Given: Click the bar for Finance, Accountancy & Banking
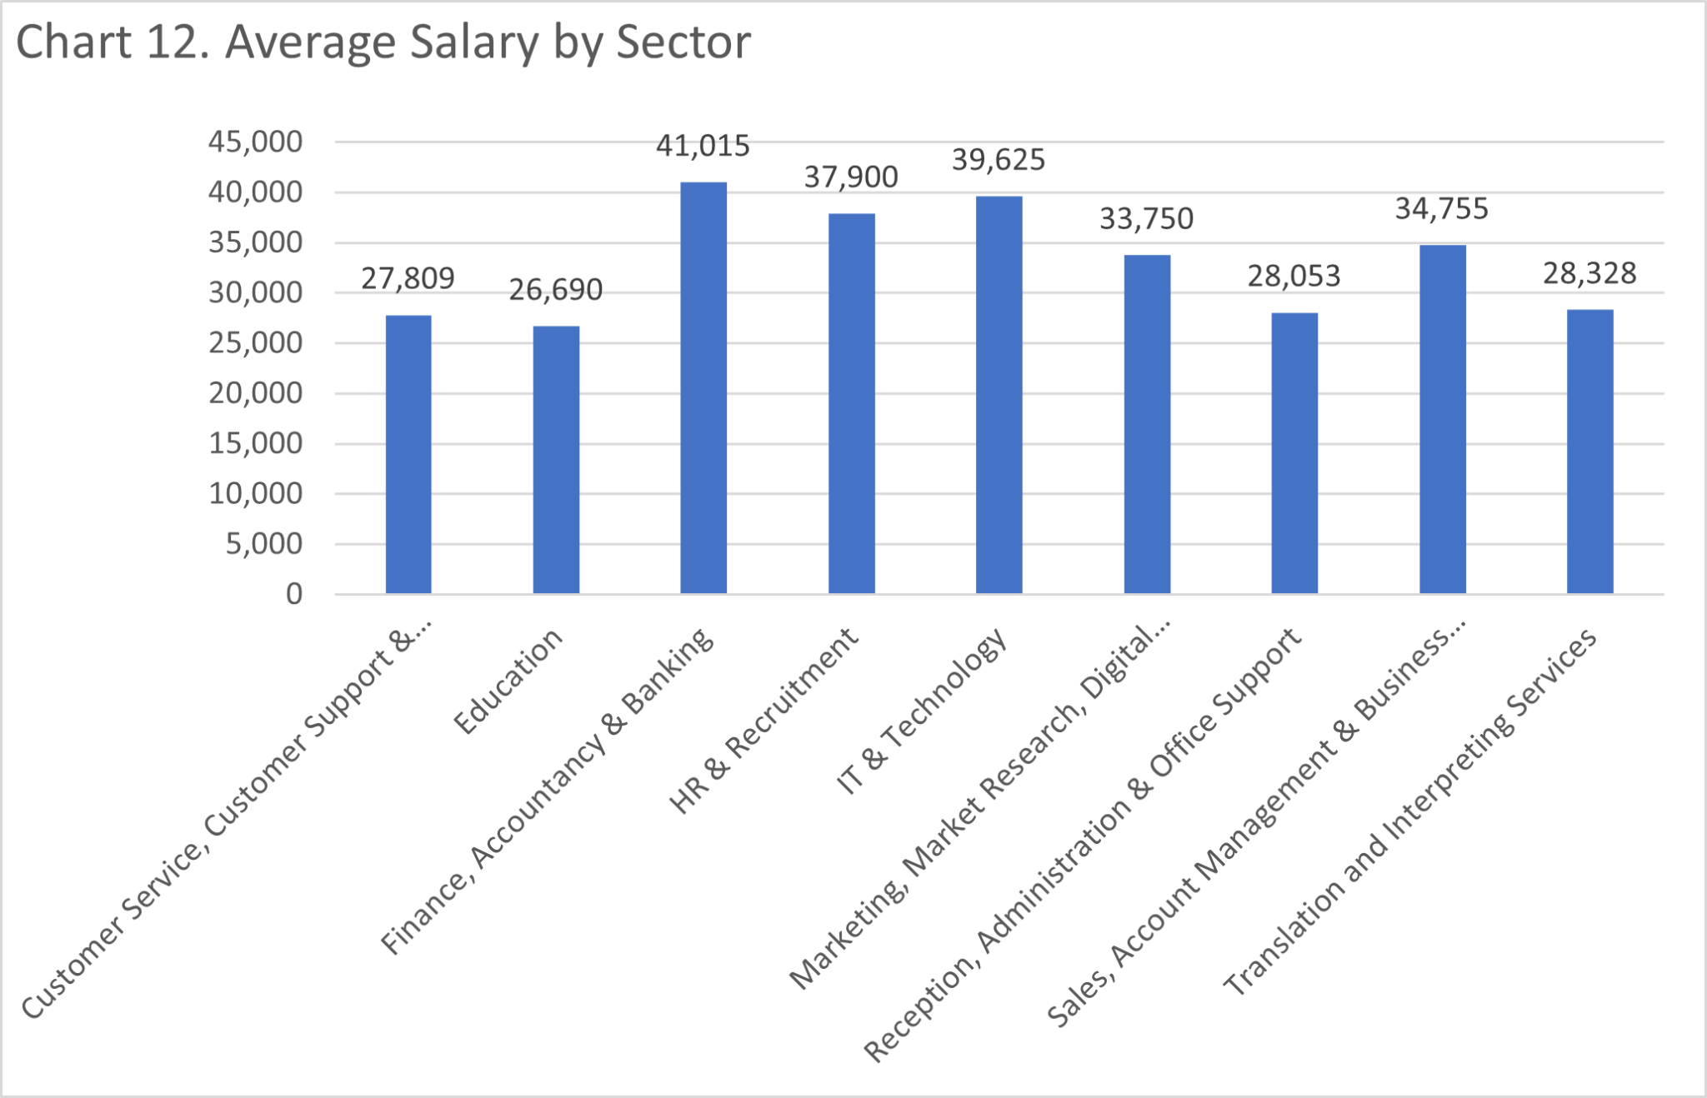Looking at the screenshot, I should click(703, 387).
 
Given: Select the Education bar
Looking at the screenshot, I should click(556, 459).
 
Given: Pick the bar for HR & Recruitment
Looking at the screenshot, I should click(851, 403).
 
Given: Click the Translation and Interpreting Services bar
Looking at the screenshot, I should click(1589, 451).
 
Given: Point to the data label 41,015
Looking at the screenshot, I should click(703, 147).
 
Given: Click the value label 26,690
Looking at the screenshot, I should click(555, 290).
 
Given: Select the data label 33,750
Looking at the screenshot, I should click(1146, 219).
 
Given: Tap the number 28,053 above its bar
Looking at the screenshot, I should click(1294, 277).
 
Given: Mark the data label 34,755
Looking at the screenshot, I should click(1441, 209).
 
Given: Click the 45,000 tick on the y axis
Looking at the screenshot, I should click(255, 142).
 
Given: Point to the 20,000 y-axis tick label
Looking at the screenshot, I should click(255, 393).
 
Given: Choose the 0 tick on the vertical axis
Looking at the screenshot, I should click(293, 594).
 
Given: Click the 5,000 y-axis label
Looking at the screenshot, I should click(263, 544).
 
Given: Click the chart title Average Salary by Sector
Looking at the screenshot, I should click(383, 42).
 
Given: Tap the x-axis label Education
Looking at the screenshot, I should click(508, 681).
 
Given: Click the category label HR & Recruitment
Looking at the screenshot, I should click(763, 720).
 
